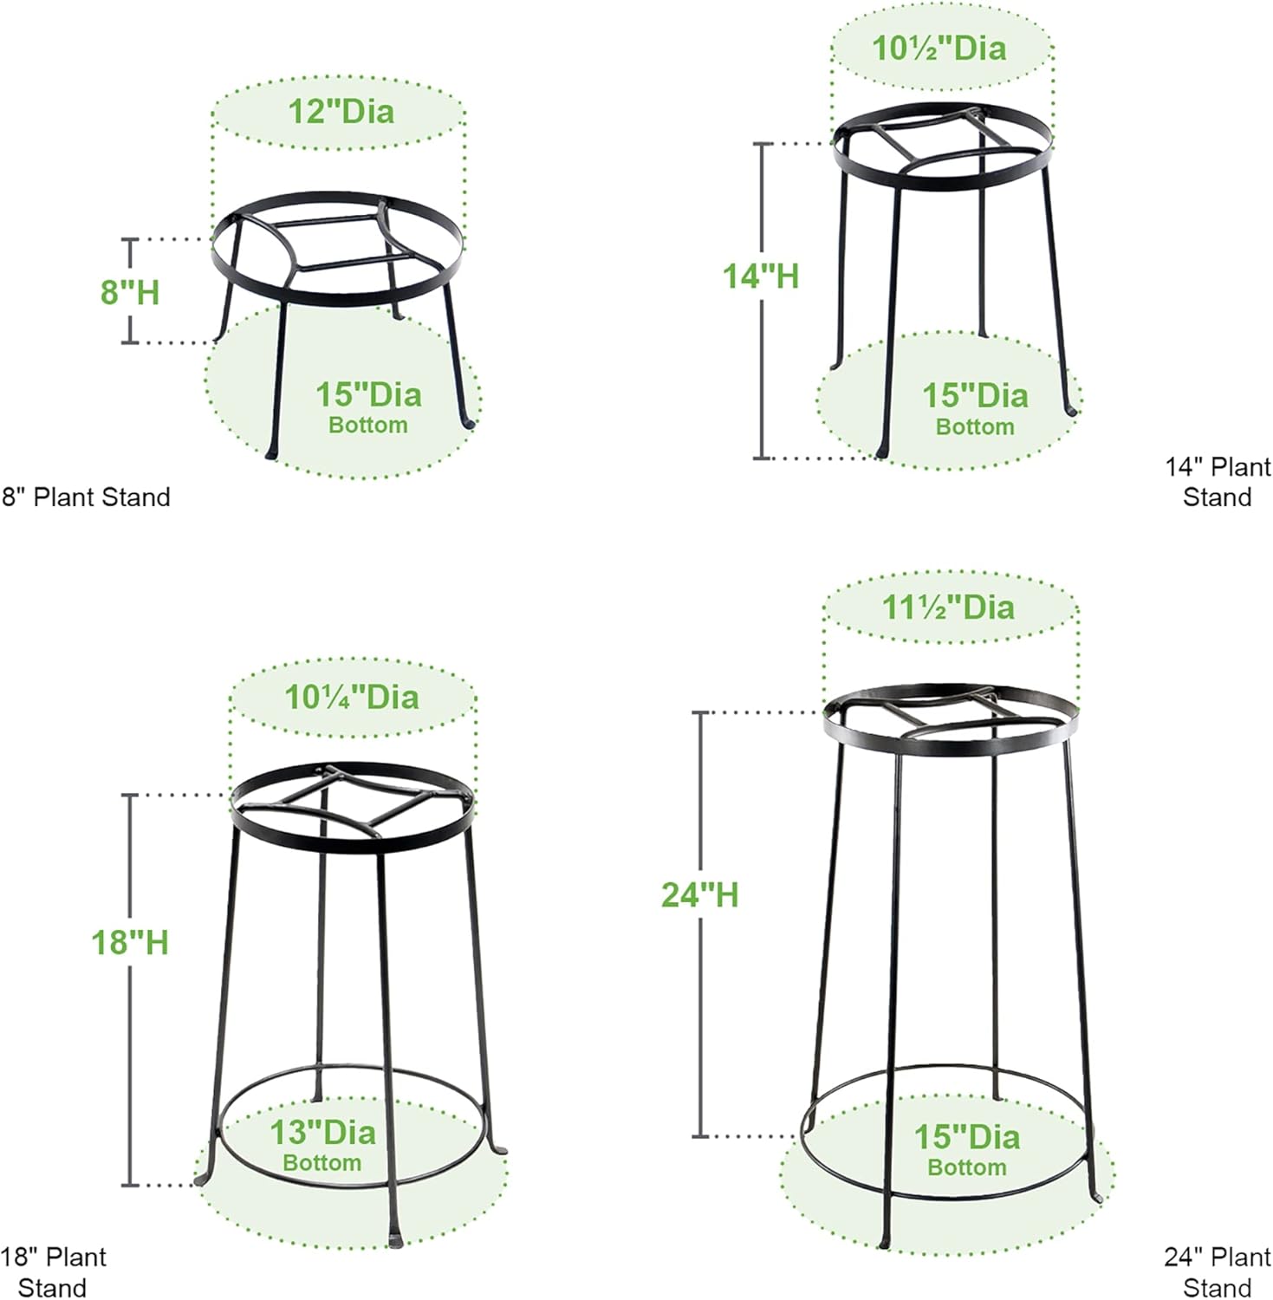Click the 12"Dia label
[341, 112]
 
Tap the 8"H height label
[130, 292]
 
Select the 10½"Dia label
[939, 49]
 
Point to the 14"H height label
[761, 276]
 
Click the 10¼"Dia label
[352, 697]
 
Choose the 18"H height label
[130, 943]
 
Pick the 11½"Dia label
[948, 607]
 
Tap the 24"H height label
[699, 895]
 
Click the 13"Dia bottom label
[322, 1133]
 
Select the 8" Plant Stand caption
[86, 497]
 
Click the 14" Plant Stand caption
[1218, 482]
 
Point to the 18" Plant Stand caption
[53, 1271]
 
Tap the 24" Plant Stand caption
[1218, 1271]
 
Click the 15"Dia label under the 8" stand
[368, 395]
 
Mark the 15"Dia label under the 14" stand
[975, 396]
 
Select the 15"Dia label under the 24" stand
[967, 1137]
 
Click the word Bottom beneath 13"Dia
[322, 1163]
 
